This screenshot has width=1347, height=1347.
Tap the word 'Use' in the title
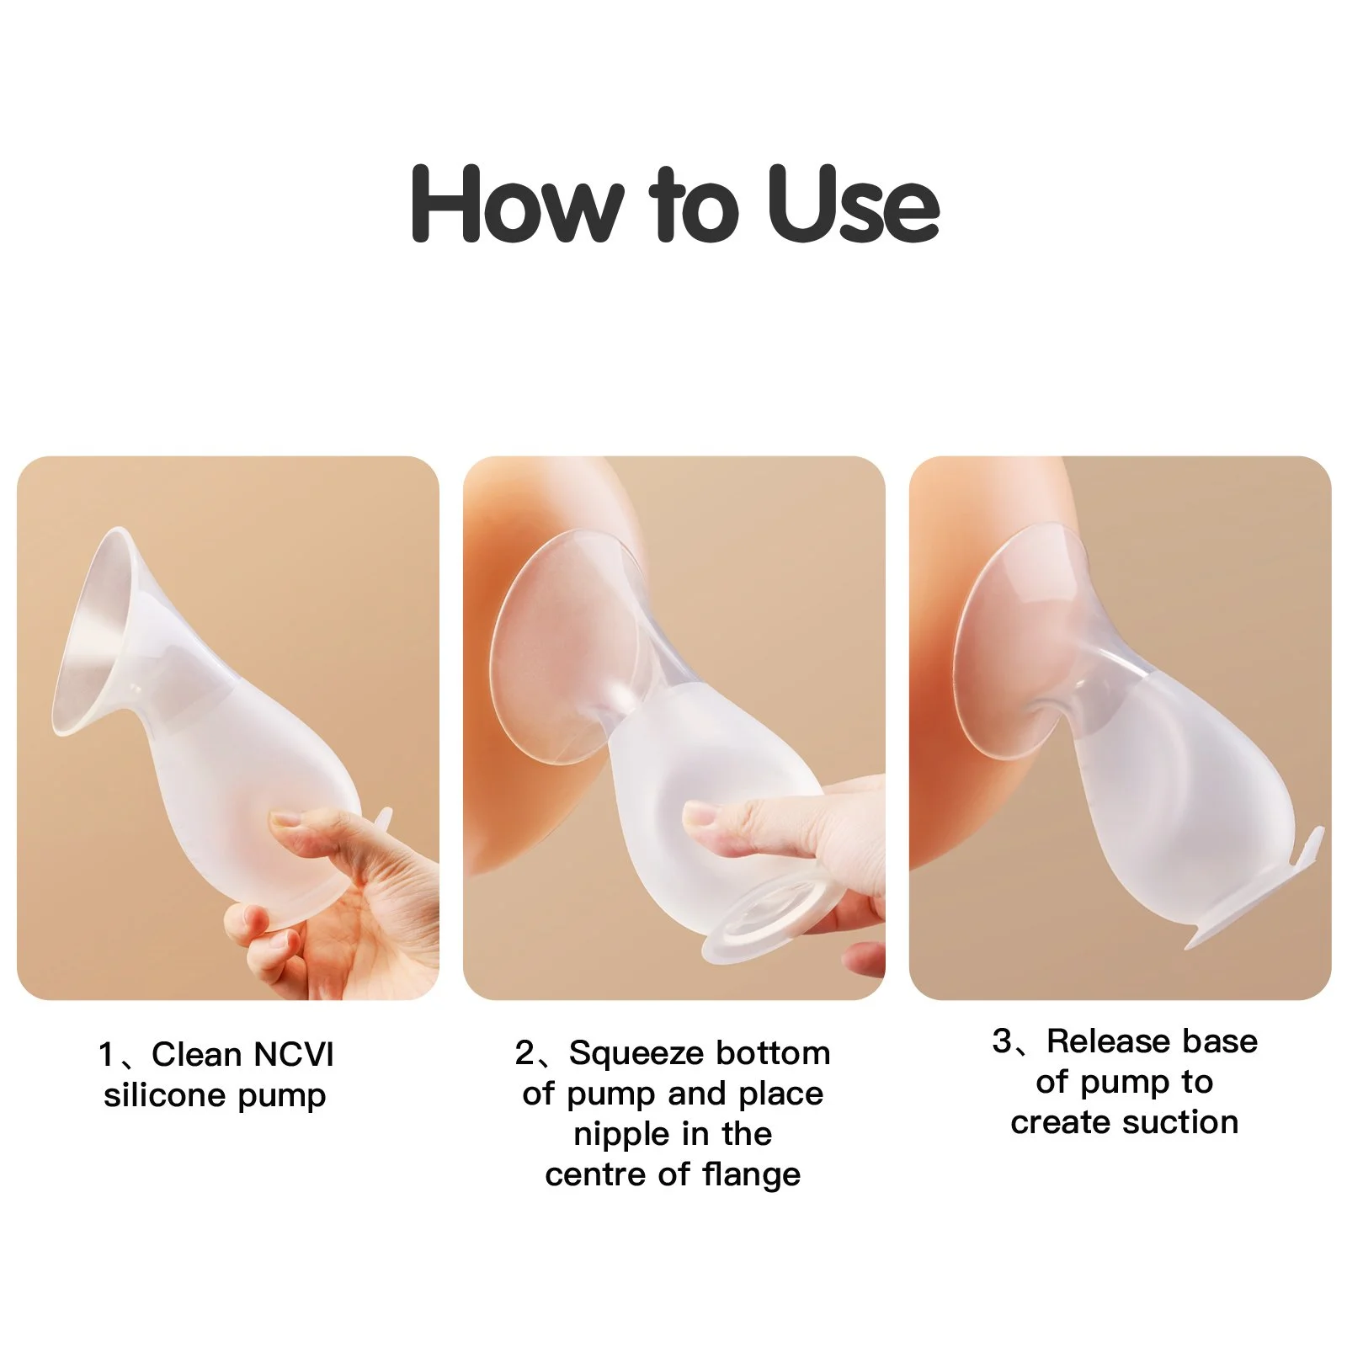853,204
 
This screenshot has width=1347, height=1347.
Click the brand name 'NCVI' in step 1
294,1054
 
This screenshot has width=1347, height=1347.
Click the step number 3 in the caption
1002,1042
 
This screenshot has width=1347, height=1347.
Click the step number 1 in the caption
106,1054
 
